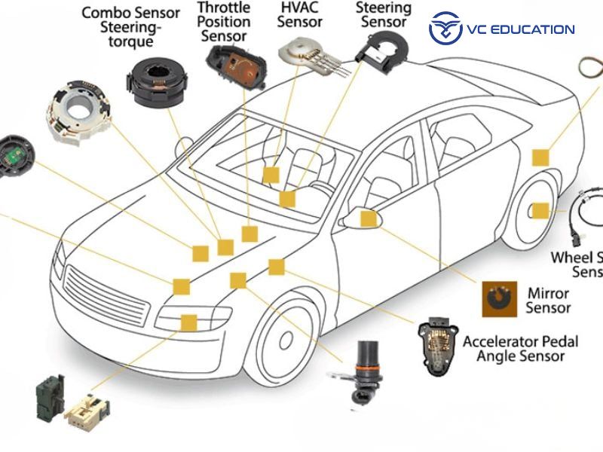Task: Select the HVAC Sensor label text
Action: [299, 14]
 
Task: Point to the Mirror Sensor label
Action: [548, 300]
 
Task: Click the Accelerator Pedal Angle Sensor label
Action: [520, 348]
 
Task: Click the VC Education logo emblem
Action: [444, 29]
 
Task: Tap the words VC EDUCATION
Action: [521, 29]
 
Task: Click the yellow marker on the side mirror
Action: [368, 219]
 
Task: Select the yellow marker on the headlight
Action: [188, 322]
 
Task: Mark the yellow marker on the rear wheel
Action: [540, 211]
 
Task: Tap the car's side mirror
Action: [350, 220]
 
